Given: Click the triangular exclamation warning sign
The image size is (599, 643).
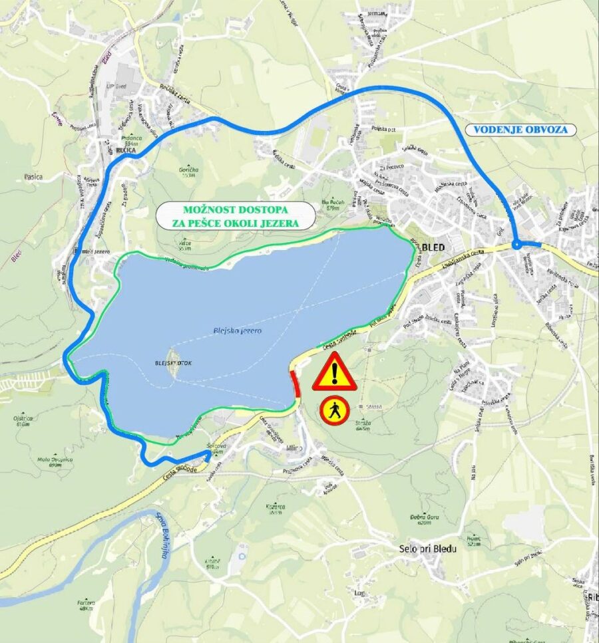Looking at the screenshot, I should coord(334,372).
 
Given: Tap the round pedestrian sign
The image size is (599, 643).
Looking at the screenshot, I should coord(334,411).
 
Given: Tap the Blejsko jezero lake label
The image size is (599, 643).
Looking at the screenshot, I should coord(238,330).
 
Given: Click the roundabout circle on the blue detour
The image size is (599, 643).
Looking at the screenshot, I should coord(517,245).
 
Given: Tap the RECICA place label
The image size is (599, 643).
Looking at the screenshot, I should coord(126,151).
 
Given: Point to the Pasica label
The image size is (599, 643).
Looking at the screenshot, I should coord(33,177).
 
